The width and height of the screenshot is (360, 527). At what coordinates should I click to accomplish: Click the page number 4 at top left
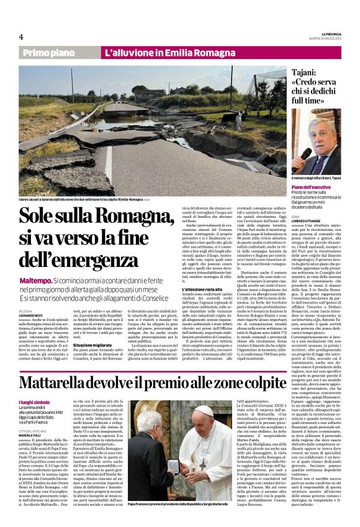pos(21,36)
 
